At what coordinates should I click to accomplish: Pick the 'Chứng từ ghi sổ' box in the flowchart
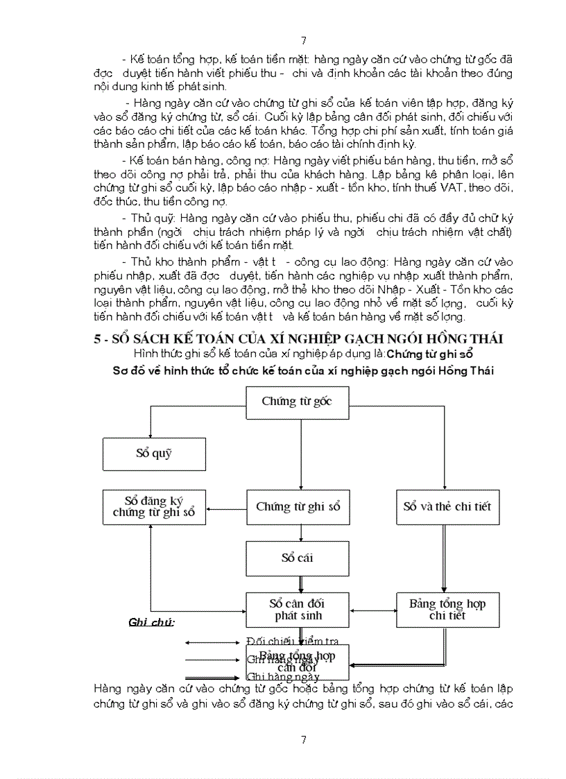coord(298,507)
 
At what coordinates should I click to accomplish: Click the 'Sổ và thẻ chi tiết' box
coord(447,507)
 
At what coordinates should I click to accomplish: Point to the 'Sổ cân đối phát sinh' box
coord(298,608)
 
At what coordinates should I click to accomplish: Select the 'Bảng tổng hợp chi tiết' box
coord(447,608)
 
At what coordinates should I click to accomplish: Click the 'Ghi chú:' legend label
coord(151,622)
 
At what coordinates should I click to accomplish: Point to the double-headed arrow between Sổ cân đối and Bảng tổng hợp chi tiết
coord(373,610)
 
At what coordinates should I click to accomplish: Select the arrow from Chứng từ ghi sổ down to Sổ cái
coord(301,533)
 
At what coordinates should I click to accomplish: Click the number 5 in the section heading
coord(98,339)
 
